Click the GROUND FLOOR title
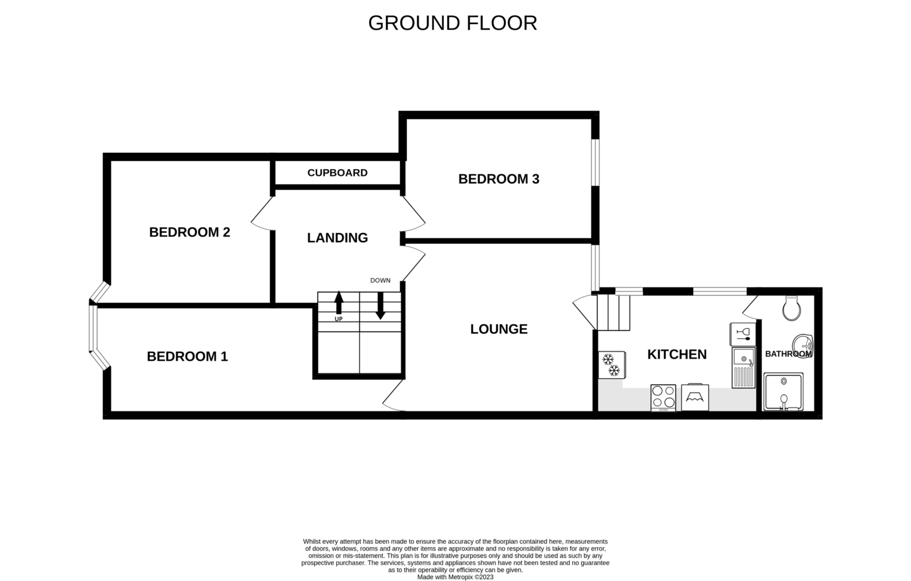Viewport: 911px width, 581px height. (x=453, y=23)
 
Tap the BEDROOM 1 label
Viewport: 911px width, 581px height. (x=187, y=356)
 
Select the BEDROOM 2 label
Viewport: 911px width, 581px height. (x=189, y=232)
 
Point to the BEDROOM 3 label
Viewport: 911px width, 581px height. (x=499, y=179)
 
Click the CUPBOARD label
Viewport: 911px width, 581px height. (x=338, y=173)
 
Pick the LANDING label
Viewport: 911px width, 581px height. (x=338, y=238)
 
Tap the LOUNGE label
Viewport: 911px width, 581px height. (x=499, y=329)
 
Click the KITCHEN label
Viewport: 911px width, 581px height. (x=677, y=355)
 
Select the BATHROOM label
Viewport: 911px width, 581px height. (x=788, y=354)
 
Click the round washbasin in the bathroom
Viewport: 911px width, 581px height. (x=803, y=346)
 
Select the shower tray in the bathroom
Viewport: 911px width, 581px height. (x=783, y=392)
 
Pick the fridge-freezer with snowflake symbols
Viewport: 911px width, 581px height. (x=611, y=365)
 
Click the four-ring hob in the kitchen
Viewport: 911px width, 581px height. (x=663, y=398)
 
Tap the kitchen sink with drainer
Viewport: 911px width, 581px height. (x=743, y=368)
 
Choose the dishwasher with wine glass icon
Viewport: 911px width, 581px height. (x=742, y=334)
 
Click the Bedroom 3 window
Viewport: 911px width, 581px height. (x=595, y=162)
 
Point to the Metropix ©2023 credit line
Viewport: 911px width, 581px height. (x=455, y=577)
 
